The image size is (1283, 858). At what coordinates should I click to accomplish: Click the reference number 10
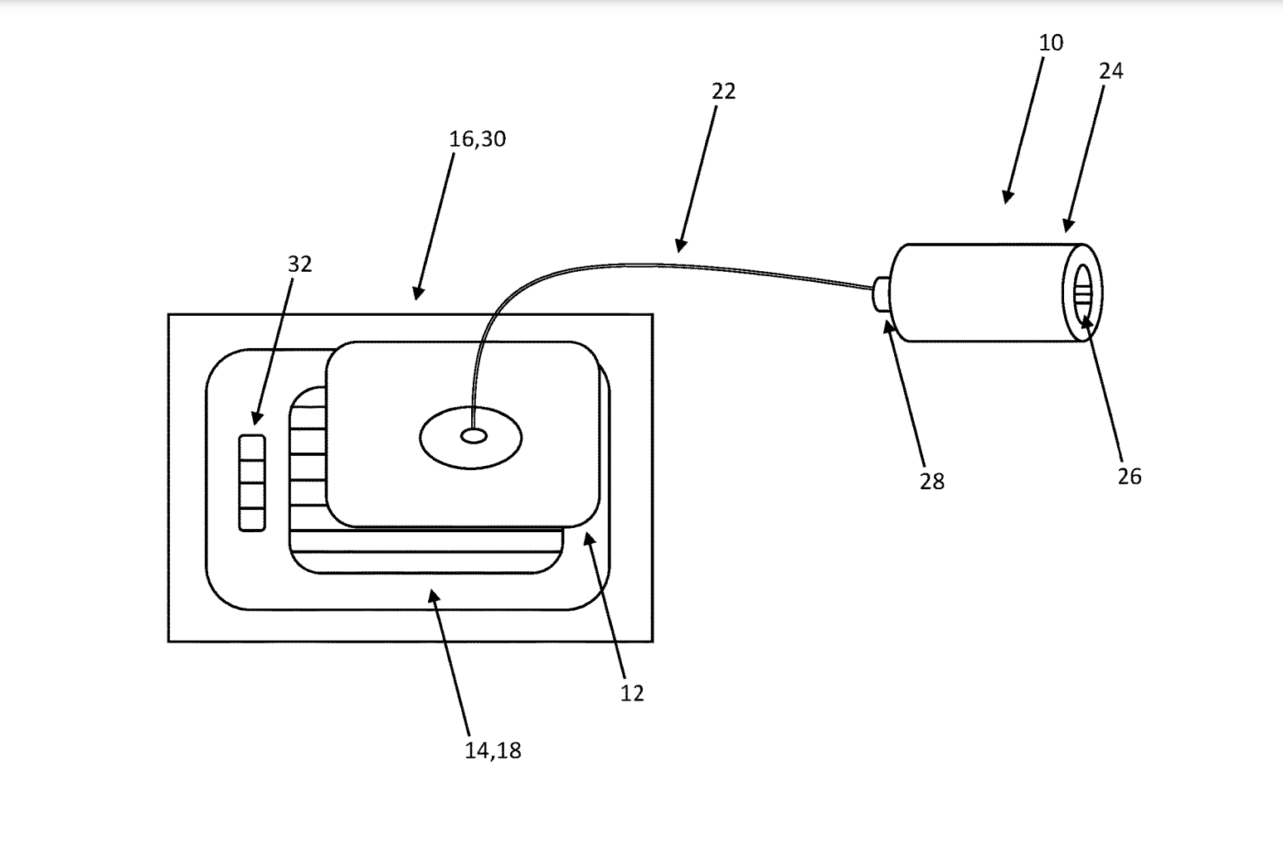1051,43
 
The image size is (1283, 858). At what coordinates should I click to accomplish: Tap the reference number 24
1110,71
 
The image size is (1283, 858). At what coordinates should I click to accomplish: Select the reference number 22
723,91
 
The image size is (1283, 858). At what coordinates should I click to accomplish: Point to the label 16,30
477,139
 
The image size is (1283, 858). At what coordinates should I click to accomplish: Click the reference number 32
299,264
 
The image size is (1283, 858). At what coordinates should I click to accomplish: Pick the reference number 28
931,482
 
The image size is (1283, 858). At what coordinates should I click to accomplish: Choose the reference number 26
1129,477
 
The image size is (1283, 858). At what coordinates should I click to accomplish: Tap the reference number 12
631,694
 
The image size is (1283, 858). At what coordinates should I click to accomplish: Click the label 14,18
493,751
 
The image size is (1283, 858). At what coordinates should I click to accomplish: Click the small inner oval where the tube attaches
474,436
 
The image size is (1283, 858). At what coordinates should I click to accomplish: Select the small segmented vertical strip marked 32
252,482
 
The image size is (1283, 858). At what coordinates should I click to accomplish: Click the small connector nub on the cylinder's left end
881,295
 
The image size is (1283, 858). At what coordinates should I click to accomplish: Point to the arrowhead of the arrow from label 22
679,247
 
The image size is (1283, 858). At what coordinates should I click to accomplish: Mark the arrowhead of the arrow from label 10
1006,199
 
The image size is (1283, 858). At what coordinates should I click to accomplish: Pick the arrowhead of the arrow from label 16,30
417,295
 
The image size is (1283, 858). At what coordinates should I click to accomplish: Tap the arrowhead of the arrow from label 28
888,324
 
